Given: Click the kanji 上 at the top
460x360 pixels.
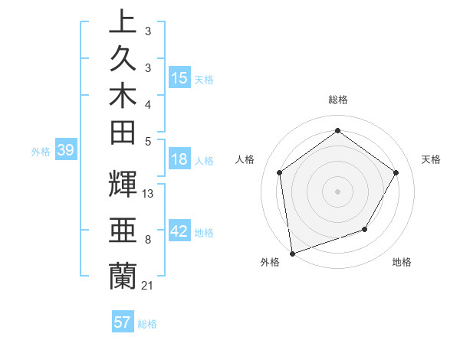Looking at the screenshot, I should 123,21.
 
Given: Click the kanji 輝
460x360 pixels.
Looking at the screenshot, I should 123,184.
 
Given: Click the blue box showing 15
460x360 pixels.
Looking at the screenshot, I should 179,78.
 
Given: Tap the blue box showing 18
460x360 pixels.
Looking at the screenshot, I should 179,159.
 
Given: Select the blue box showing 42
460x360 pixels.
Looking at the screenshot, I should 179,231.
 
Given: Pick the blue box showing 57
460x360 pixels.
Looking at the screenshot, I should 123,322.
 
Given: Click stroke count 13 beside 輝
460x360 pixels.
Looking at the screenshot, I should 148,194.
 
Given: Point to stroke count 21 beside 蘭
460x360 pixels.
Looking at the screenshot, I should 148,285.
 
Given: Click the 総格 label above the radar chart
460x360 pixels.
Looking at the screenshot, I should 337,100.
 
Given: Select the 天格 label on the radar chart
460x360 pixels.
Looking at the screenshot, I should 432,159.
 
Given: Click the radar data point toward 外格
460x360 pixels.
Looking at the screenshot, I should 292,253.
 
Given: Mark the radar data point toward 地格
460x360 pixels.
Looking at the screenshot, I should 365,229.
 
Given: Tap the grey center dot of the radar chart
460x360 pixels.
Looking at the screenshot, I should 337,191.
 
